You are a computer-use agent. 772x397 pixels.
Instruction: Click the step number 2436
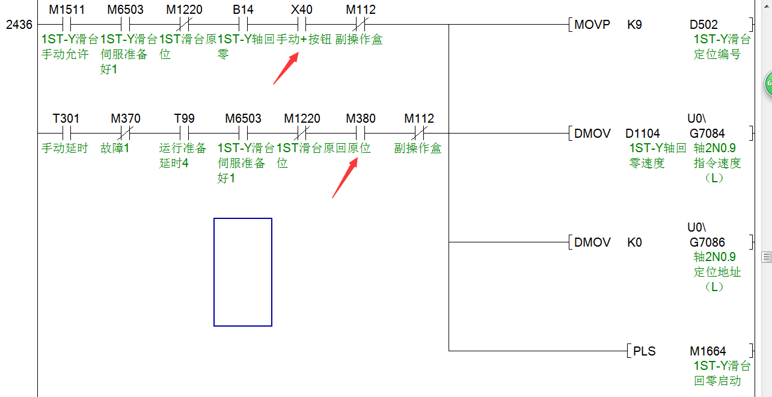click(19, 25)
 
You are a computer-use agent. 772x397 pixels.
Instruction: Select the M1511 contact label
click(67, 10)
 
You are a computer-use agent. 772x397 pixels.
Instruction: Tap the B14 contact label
click(243, 10)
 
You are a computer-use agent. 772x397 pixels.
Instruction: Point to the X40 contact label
click(301, 10)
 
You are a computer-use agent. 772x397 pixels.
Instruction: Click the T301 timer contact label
click(66, 118)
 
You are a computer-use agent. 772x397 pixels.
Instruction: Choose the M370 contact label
click(125, 118)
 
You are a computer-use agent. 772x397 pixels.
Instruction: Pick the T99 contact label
click(184, 118)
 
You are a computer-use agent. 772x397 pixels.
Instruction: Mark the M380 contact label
click(361, 118)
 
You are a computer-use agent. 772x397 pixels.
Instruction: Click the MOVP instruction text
click(592, 25)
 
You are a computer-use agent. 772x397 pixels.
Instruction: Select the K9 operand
click(634, 25)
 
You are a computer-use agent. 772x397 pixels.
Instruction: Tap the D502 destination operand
click(703, 25)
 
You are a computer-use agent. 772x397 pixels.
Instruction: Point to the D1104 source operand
click(642, 133)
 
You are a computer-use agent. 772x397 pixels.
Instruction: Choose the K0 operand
click(635, 242)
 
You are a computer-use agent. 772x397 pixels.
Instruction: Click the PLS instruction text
click(644, 351)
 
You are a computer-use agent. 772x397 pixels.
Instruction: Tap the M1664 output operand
click(708, 351)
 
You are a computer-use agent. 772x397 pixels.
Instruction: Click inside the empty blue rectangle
click(243, 272)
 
